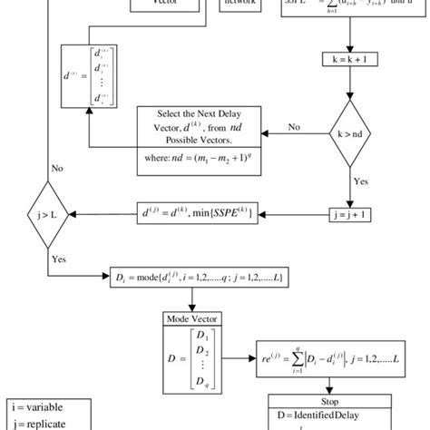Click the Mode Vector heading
(189, 318)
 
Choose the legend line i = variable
(33, 406)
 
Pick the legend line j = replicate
(34, 422)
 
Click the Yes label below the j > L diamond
(57, 258)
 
